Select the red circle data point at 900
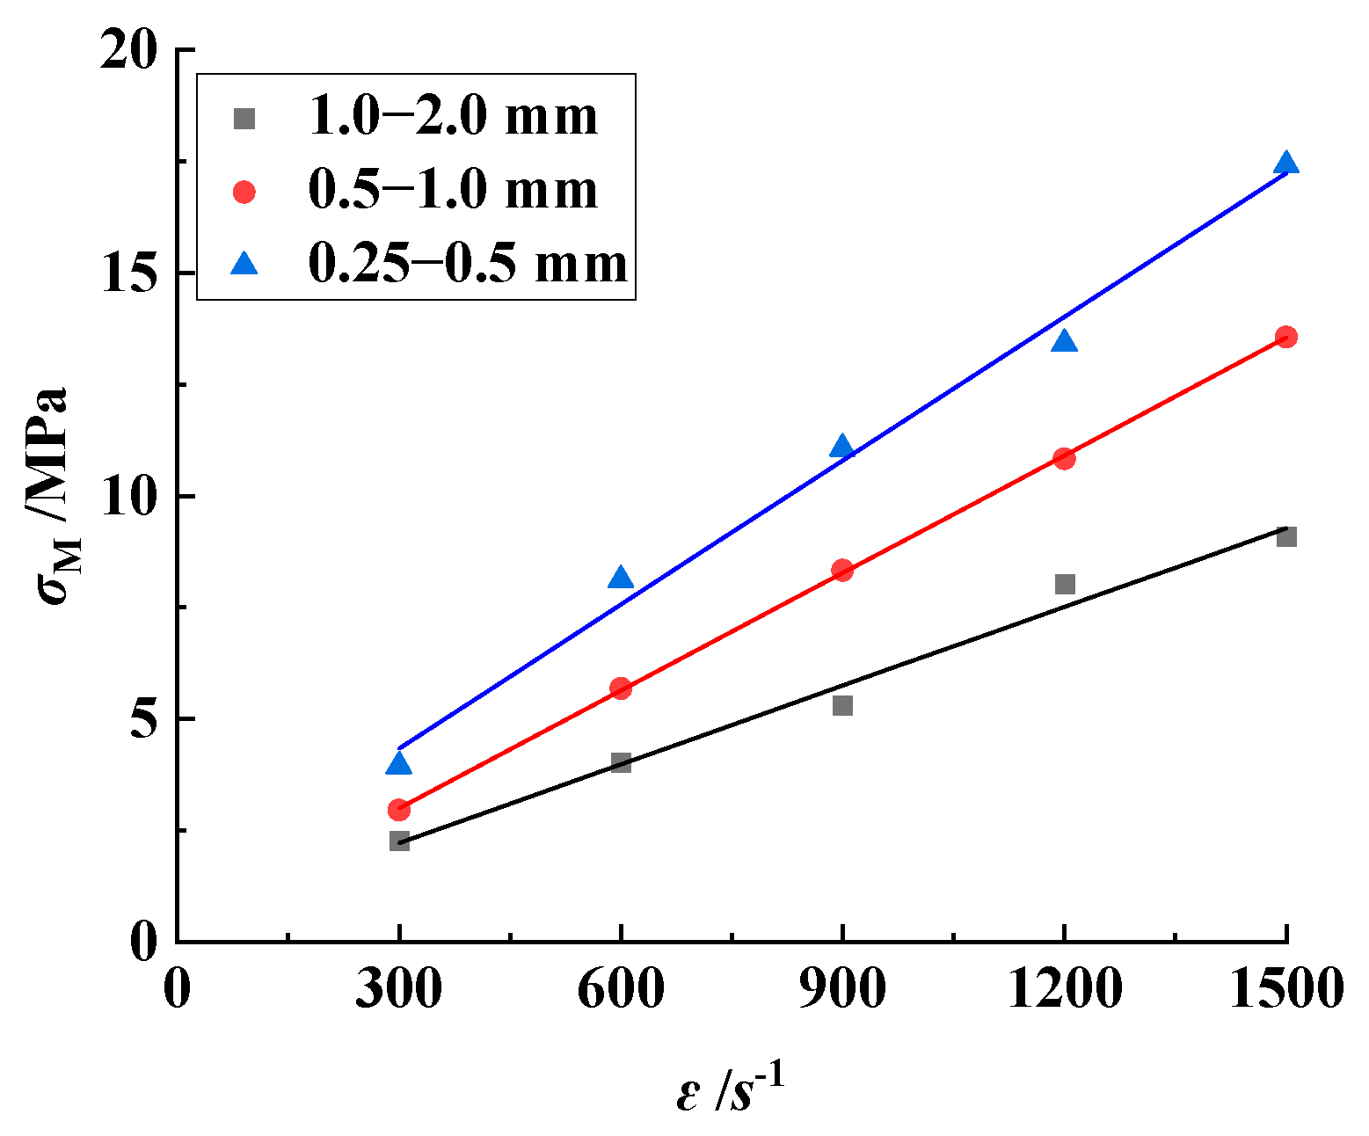pos(842,570)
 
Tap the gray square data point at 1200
pos(1065,584)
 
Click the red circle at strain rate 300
pos(399,810)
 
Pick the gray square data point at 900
pos(842,705)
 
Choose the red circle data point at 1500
pos(1286,337)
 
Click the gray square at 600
pos(621,762)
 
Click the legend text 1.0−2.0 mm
pos(453,117)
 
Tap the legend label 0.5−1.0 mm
pos(453,191)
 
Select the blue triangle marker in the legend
pos(244,264)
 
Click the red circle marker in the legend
pos(244,192)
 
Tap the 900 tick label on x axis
pos(842,990)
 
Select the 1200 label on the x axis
pos(1064,990)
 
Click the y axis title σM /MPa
pos(55,497)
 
